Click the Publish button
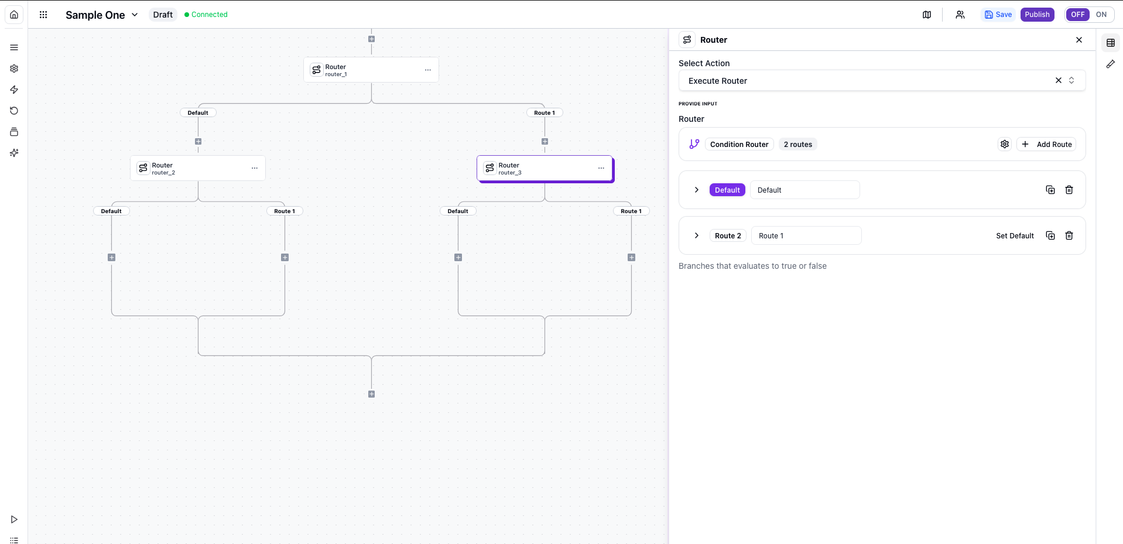(x=1037, y=15)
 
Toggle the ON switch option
(x=1101, y=15)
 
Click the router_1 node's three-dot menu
(x=428, y=70)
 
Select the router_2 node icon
(x=143, y=168)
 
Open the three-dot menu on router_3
(x=601, y=169)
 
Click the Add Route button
(x=1047, y=145)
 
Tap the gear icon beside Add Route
(x=1005, y=145)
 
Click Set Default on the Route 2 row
(x=1015, y=236)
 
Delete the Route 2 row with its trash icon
(x=1069, y=236)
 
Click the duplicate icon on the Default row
(x=1050, y=190)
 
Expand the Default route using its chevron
(x=697, y=190)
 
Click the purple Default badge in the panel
(x=727, y=190)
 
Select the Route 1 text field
(x=806, y=236)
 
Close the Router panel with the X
(x=1079, y=40)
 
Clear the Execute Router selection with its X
(x=1059, y=81)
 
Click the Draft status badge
(x=163, y=15)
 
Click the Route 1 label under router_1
(x=545, y=113)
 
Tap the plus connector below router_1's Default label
(x=198, y=142)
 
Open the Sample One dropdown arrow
(x=135, y=15)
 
